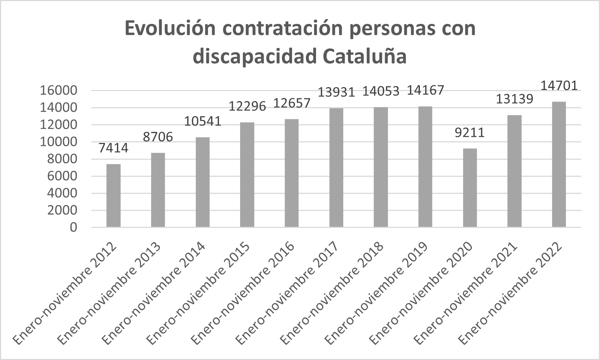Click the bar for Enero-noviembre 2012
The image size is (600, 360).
tap(113, 196)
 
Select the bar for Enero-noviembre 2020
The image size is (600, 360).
tap(470, 188)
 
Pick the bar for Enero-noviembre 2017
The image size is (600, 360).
tap(336, 168)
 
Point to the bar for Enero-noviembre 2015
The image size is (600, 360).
tap(247, 175)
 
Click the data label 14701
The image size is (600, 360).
tap(559, 86)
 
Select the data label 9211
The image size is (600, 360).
tap(470, 133)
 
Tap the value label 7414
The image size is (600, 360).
tap(113, 148)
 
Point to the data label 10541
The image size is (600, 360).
tap(203, 121)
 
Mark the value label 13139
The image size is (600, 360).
tap(514, 99)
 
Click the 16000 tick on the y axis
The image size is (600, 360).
tap(58, 91)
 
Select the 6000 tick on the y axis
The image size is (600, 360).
tap(62, 176)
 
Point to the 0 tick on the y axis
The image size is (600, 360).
tap(74, 228)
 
